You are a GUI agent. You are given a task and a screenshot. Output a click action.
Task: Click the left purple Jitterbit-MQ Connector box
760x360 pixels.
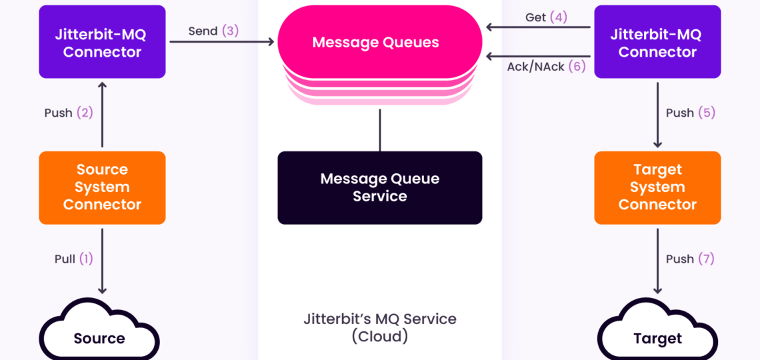tap(102, 42)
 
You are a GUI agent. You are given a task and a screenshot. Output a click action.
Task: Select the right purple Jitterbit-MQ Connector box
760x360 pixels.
tap(657, 42)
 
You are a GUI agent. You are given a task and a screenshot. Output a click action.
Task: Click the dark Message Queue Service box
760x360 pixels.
tap(379, 187)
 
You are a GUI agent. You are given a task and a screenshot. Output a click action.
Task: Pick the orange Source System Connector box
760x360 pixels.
tap(102, 187)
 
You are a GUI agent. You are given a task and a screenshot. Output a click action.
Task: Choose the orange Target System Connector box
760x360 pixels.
tap(657, 187)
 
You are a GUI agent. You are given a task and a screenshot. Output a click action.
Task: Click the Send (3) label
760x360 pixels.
tap(213, 31)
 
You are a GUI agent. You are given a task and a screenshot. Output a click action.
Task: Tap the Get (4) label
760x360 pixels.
tap(545, 17)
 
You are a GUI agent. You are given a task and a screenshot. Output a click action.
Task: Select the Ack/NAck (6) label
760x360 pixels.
tap(545, 67)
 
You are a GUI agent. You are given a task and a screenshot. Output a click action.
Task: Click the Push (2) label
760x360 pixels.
tap(68, 113)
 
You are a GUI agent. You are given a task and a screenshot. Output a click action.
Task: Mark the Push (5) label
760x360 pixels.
tap(690, 113)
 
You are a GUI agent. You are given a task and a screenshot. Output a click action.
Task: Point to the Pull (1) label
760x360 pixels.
tap(73, 259)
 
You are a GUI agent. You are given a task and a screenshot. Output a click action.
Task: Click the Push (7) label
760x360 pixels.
tap(690, 259)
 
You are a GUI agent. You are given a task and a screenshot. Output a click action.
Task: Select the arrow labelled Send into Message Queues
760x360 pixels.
tap(223, 43)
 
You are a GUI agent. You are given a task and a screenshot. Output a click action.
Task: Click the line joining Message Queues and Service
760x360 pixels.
tap(380, 129)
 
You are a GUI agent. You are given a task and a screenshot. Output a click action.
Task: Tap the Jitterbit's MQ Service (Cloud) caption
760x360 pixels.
tap(379, 327)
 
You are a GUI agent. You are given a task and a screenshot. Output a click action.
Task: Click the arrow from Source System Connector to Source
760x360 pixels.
tap(102, 260)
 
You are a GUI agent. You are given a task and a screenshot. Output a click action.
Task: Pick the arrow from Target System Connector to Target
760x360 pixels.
tap(657, 260)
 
